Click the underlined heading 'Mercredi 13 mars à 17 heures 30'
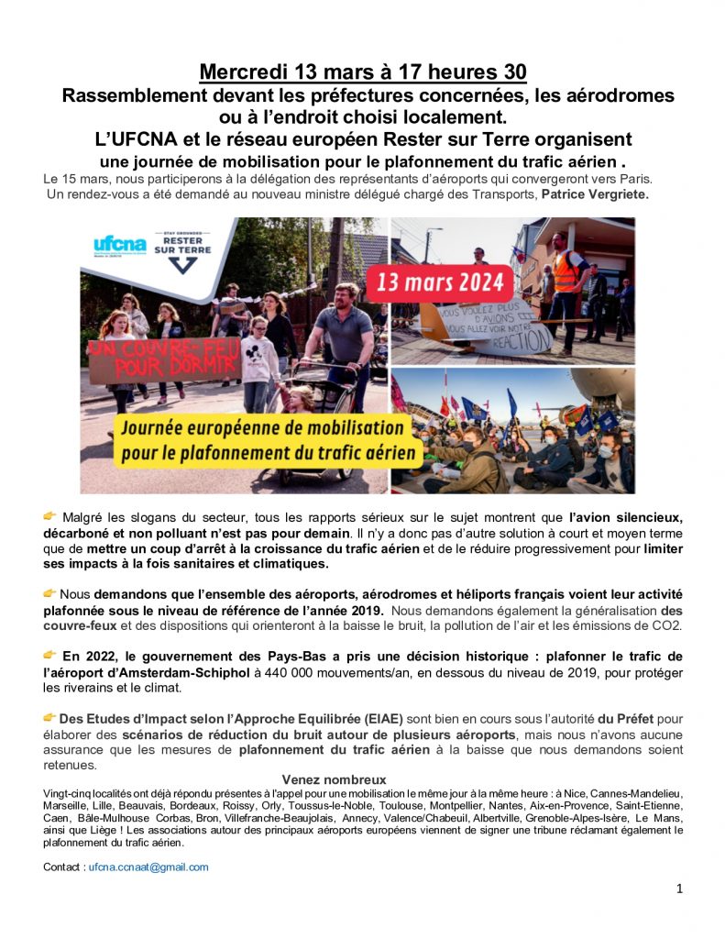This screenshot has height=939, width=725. [363, 72]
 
